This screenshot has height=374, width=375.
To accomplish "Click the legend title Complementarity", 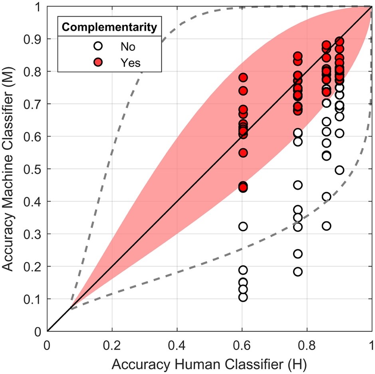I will pyautogui.click(x=109, y=28).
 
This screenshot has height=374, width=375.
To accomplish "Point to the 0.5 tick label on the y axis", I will pyautogui.click(x=34, y=169).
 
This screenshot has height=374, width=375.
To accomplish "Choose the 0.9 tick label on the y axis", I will pyautogui.click(x=34, y=39).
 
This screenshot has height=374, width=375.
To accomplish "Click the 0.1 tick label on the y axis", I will pyautogui.click(x=34, y=299).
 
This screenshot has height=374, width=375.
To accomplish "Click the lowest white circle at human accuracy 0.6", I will pyautogui.click(x=243, y=297).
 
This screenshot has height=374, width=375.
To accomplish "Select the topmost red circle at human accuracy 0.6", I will pyautogui.click(x=243, y=77).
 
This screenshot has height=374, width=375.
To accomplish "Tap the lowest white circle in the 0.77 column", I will pyautogui.click(x=298, y=272).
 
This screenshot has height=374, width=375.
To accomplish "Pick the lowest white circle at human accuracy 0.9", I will pyautogui.click(x=339, y=170).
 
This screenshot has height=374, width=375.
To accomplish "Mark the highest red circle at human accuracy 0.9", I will pyautogui.click(x=339, y=41).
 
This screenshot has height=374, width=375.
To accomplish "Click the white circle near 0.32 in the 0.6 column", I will pyautogui.click(x=243, y=227).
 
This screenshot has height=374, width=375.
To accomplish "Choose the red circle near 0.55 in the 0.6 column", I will pyautogui.click(x=243, y=153).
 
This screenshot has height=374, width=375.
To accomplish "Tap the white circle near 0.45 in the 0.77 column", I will pyautogui.click(x=298, y=185).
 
